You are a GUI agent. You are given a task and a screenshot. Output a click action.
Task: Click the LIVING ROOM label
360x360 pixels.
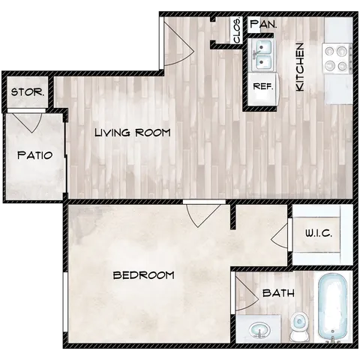tap(133, 133)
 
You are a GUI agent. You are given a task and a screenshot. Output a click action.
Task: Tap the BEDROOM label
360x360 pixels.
tap(143, 275)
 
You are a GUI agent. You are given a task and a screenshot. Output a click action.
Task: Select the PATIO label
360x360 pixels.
tap(34, 156)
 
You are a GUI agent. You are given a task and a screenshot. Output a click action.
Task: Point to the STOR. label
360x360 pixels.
tap(28, 94)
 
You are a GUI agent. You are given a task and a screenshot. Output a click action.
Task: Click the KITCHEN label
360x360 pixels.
tap(299, 67)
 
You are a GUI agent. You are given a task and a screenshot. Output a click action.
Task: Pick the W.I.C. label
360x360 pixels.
tap(318, 233)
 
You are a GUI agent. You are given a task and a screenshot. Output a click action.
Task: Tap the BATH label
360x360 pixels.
tap(277, 293)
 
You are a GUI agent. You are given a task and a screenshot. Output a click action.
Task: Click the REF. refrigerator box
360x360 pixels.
tap(262, 86)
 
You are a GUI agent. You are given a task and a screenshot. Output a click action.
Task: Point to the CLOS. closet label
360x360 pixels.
tap(237, 30)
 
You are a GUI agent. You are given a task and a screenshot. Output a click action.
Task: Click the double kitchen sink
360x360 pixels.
tap(262, 54)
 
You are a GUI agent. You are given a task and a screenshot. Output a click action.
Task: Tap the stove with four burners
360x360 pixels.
tap(337, 58)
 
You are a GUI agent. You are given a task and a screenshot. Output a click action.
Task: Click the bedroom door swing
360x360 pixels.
tap(200, 214)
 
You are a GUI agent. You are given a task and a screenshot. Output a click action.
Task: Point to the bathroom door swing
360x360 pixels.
tap(247, 295)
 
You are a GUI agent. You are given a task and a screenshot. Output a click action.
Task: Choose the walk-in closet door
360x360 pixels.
tap(285, 233)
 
